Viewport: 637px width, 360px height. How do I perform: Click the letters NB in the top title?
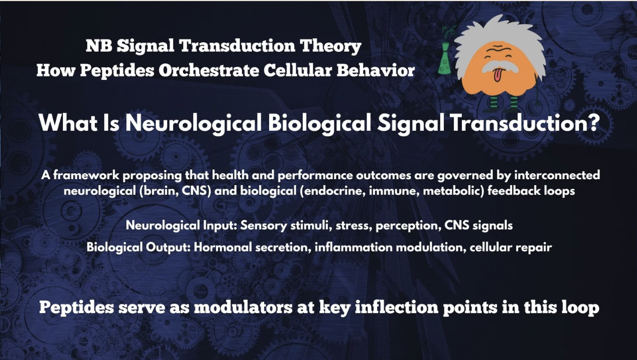coord(99,46)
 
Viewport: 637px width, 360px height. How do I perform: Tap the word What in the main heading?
coord(68,123)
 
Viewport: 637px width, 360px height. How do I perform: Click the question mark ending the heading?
coord(594,123)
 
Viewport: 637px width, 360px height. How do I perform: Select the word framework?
coord(86,175)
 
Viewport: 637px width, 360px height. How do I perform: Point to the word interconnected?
coord(557,175)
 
